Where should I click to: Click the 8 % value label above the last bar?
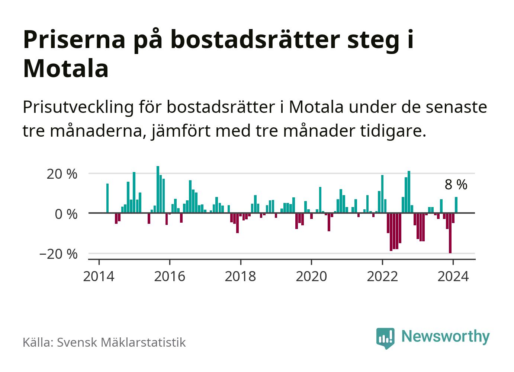coord(456,184)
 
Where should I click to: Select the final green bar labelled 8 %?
coord(456,205)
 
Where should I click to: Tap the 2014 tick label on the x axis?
coord(99,276)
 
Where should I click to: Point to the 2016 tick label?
coord(170,276)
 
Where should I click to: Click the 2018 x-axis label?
coord(241,276)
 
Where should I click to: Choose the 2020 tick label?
coord(311,276)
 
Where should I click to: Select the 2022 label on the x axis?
coord(382,276)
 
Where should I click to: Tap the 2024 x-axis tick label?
coord(453,276)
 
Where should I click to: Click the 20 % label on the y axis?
coord(62,174)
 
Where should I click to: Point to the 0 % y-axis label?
coord(66,214)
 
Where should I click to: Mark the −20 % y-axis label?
coord(58,254)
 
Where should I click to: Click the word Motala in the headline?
coord(66,69)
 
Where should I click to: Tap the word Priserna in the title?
coord(74,39)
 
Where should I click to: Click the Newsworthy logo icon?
coord(385,338)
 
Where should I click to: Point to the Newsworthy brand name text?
coord(446,336)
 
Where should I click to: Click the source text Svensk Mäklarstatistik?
coord(121,342)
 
